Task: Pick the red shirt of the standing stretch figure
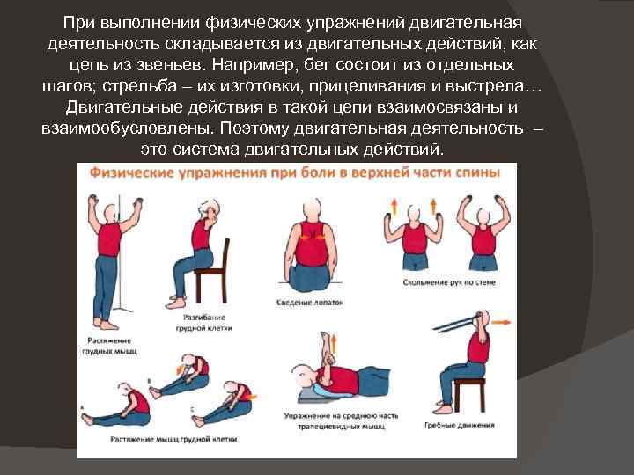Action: [111, 238]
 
